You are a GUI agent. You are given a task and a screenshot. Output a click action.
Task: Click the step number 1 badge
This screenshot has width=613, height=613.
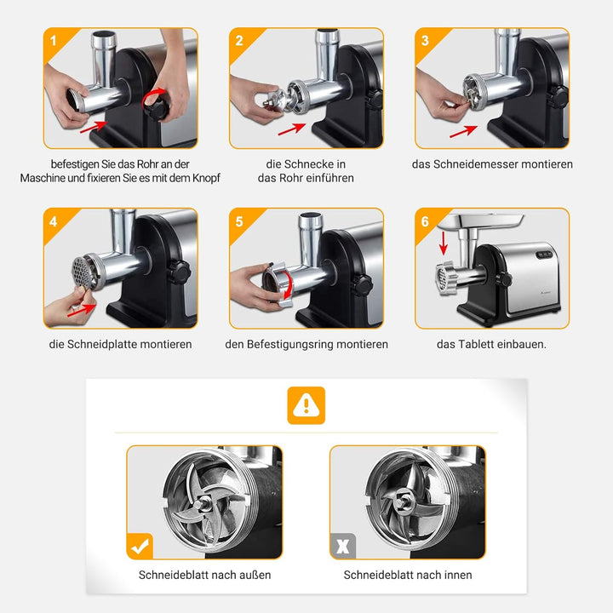pyautogui.click(x=54, y=40)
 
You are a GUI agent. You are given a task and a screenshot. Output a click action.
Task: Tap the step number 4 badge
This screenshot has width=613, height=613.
pyautogui.click(x=54, y=221)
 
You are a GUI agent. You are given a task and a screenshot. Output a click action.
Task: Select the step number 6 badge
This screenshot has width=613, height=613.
pyautogui.click(x=425, y=221)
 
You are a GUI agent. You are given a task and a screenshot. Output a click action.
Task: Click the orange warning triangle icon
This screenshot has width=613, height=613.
pyautogui.click(x=306, y=405)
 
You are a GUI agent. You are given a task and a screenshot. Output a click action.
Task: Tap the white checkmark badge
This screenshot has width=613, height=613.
pyautogui.click(x=140, y=546)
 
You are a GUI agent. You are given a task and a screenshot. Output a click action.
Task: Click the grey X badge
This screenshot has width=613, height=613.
pyautogui.click(x=343, y=546)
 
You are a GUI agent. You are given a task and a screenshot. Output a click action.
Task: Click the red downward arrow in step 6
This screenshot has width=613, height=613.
pyautogui.click(x=443, y=243)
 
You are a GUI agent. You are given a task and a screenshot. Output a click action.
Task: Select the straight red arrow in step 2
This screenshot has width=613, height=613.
pyautogui.click(x=292, y=129)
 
